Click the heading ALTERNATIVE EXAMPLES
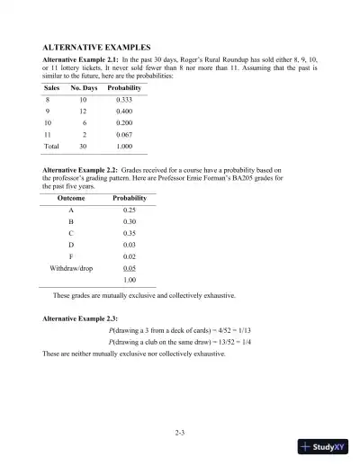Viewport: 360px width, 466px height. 96,45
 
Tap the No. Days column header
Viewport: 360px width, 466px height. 84,89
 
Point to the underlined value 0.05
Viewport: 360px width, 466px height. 130,292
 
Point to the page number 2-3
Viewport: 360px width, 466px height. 180,433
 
